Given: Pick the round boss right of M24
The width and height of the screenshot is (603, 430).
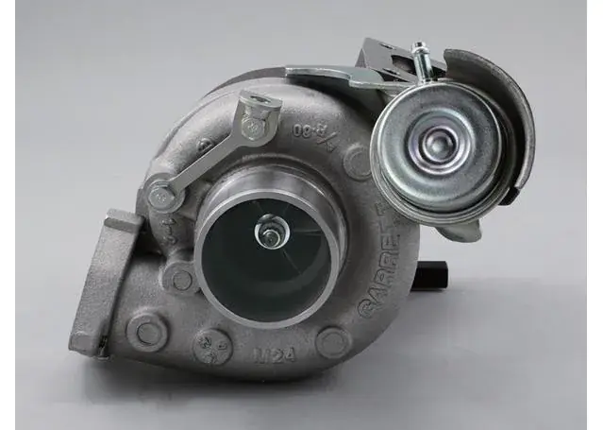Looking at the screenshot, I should point(333,341).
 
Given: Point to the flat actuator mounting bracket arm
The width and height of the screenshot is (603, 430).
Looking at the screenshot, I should point(330,75).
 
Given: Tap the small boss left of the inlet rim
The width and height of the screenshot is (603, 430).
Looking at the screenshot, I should point(179,278).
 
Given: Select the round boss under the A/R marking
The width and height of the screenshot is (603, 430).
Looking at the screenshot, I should point(357,162).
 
